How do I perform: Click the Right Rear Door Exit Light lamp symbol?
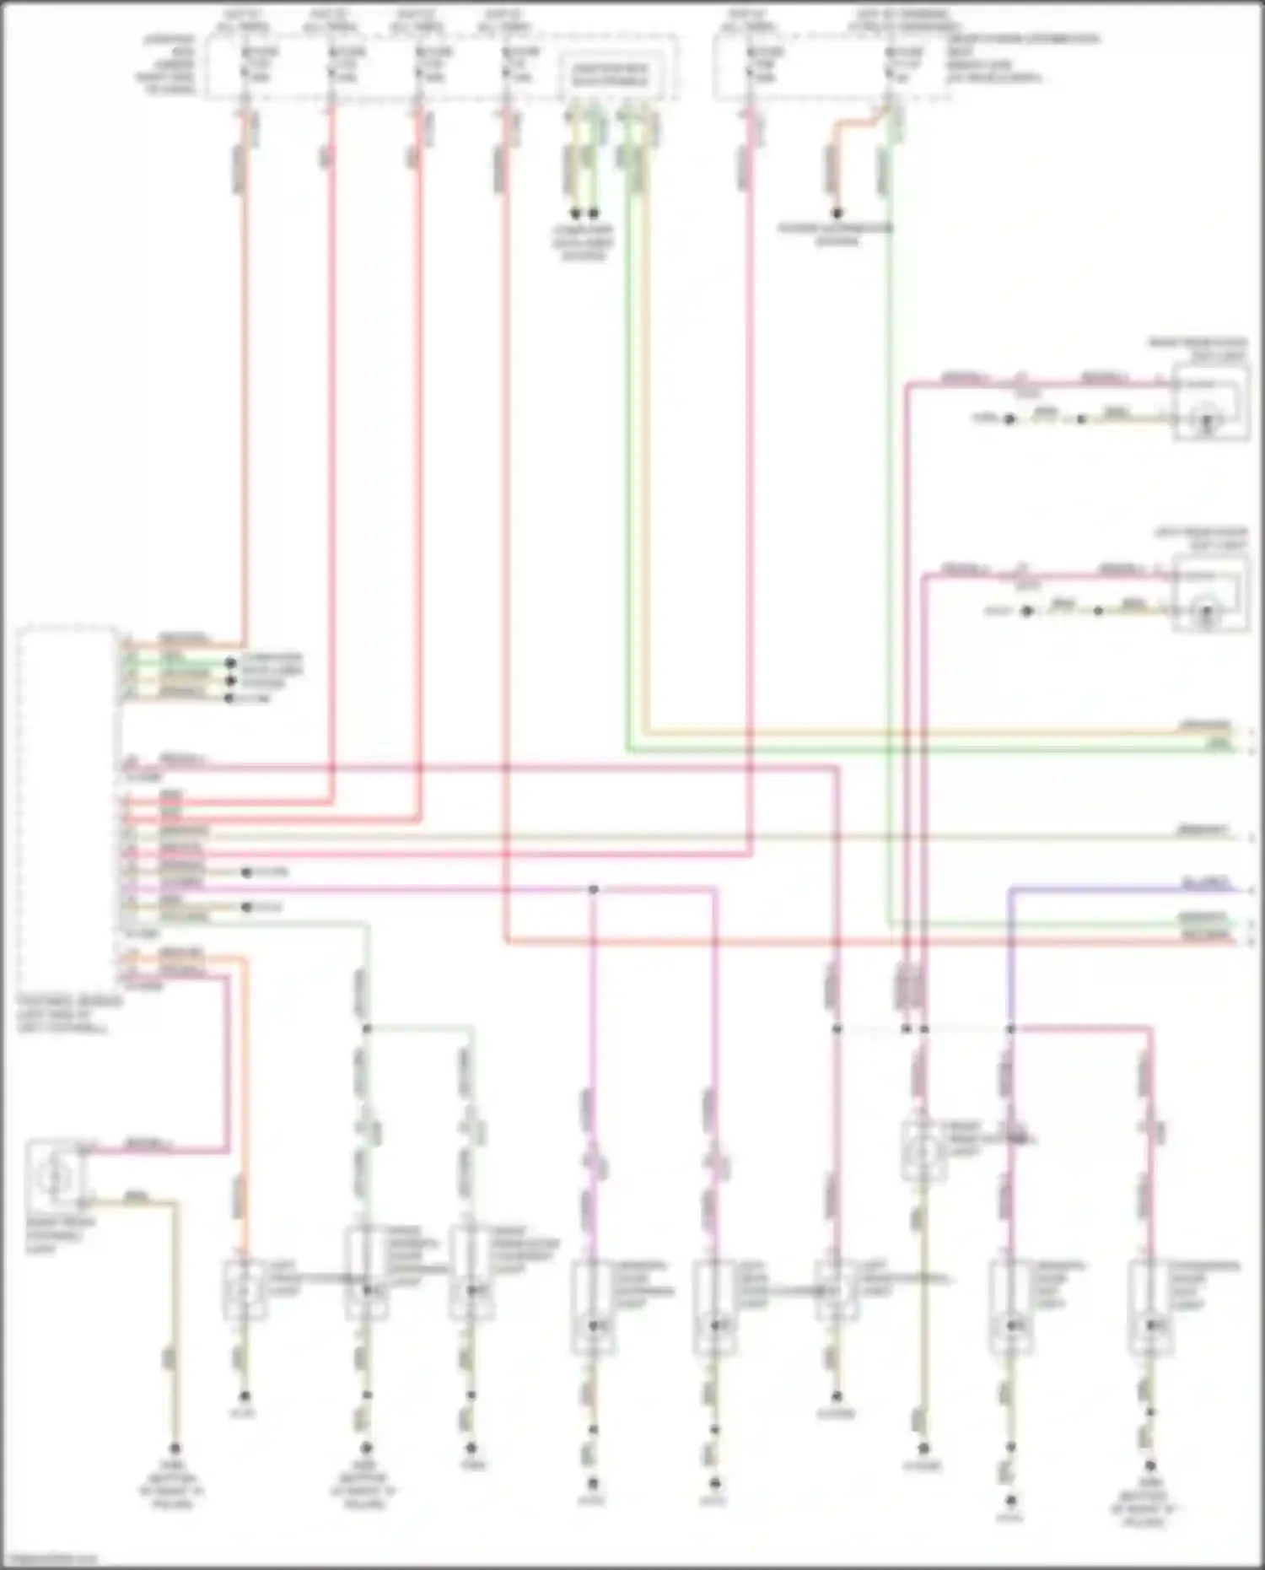[x=1208, y=418]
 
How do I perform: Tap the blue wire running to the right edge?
[x=1122, y=888]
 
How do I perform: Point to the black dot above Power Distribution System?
[x=837, y=213]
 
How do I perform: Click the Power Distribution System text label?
[x=836, y=234]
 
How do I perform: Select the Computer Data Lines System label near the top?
[x=584, y=242]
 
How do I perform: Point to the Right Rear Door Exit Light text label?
[x=1198, y=349]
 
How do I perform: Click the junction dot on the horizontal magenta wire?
[x=594, y=889]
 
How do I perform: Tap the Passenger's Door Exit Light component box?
[x=1150, y=1306]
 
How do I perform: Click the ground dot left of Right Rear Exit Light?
[x=1009, y=419]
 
